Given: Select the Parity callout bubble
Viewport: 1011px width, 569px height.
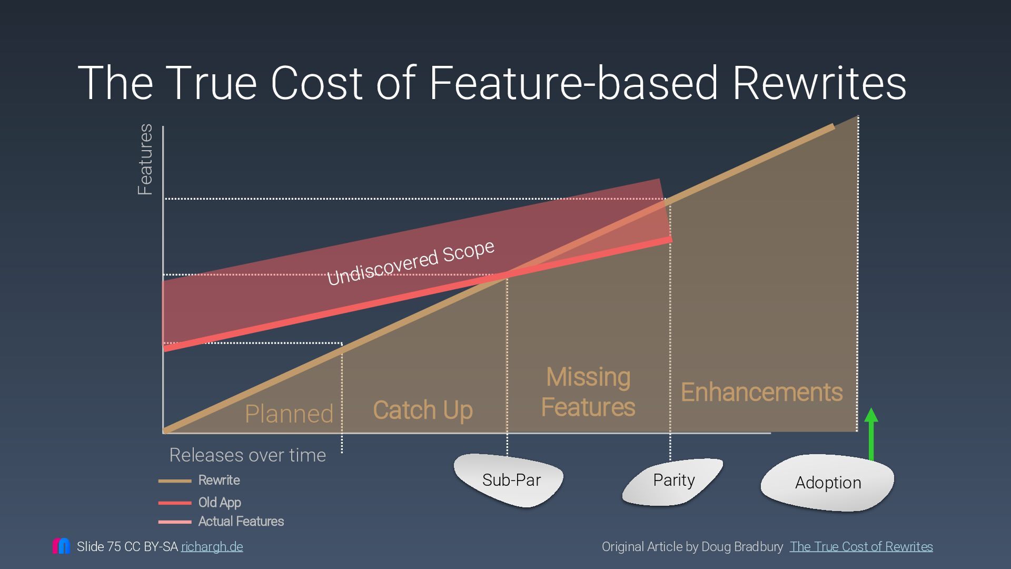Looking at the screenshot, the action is pyautogui.click(x=673, y=480).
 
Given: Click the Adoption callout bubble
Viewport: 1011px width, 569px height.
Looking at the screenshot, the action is pyautogui.click(x=828, y=483).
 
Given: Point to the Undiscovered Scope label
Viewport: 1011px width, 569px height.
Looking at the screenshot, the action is pyautogui.click(x=411, y=262).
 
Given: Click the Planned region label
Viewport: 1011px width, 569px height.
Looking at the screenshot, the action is pyautogui.click(x=289, y=414).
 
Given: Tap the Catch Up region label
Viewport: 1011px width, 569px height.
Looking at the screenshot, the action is pyautogui.click(x=423, y=410).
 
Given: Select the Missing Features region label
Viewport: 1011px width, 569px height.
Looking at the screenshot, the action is pyautogui.click(x=588, y=392).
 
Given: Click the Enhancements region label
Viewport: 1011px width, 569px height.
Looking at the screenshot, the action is pyautogui.click(x=761, y=392).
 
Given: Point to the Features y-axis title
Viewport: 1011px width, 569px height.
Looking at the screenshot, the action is pyautogui.click(x=145, y=159).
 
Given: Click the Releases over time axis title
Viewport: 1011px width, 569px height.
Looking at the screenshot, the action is pyautogui.click(x=247, y=455).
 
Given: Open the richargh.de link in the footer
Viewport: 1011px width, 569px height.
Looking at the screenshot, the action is pyautogui.click(x=212, y=547).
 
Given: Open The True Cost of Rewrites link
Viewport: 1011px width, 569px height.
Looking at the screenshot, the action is pyautogui.click(x=861, y=547).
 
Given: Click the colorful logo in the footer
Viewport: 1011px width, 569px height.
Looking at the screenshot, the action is pyautogui.click(x=61, y=546).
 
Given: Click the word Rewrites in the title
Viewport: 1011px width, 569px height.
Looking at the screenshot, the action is pyautogui.click(x=819, y=83).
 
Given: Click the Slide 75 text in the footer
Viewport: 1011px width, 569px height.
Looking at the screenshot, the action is pyautogui.click(x=98, y=547).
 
